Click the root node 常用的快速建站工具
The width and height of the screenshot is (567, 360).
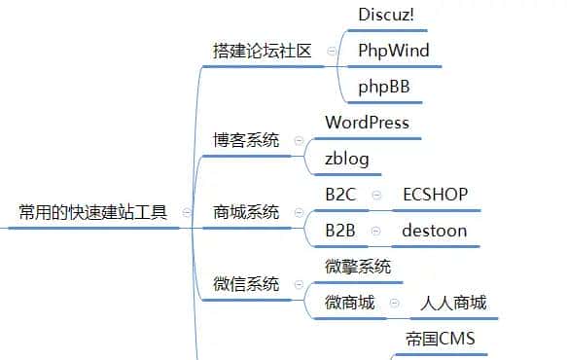point(92,212)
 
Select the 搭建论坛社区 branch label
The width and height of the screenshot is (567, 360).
point(262,51)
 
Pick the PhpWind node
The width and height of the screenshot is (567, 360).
point(393,50)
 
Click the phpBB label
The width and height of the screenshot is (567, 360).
point(383,86)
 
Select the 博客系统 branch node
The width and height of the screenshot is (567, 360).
point(246,140)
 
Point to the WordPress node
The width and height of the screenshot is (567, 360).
point(367,123)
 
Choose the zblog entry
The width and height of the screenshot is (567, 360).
point(347,159)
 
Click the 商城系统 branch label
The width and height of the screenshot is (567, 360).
point(246,212)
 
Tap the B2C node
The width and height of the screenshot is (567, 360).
point(340,195)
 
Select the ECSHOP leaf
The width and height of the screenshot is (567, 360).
point(435,195)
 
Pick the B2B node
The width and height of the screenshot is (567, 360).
point(340,231)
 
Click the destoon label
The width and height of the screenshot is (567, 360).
point(434,231)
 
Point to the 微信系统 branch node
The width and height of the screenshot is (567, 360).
point(246,284)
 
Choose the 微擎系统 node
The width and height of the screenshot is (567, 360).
point(358,267)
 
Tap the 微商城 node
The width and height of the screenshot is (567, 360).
point(349,303)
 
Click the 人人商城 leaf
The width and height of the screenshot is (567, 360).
point(453,303)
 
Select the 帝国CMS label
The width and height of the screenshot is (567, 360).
point(440,339)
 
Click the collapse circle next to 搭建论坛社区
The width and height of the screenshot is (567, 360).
point(333,51)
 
